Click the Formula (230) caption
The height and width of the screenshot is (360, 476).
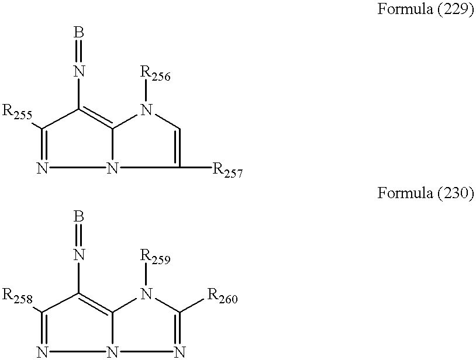(425, 193)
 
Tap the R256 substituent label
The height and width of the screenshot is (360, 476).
(155, 75)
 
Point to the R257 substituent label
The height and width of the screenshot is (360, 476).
(227, 171)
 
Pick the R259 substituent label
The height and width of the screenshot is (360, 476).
(155, 257)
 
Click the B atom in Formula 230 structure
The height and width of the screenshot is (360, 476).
(80, 217)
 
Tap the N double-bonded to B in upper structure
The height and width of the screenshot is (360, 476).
(80, 71)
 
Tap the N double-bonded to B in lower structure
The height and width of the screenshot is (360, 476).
(80, 255)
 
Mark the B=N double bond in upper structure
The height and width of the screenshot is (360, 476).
(80, 52)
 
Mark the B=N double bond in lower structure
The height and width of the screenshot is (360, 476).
(80, 236)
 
